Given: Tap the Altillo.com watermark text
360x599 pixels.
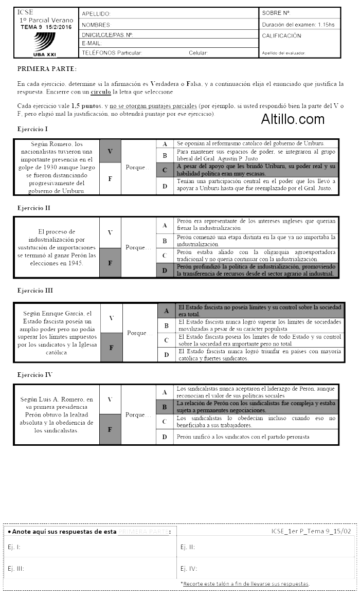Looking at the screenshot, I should click(293, 119).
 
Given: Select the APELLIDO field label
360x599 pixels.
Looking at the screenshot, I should click(96, 13).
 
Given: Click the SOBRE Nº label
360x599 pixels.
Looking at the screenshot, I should click(276, 13).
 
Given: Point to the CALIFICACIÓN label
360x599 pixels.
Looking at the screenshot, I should click(281, 36).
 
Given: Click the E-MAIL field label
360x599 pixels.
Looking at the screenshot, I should click(92, 44).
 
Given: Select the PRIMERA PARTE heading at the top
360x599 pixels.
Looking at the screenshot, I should click(47, 68).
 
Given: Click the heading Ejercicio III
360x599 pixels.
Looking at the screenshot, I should click(35, 291).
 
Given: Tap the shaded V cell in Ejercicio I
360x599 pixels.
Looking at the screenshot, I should click(110, 151).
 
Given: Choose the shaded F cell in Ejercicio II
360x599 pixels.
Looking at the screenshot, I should click(110, 263).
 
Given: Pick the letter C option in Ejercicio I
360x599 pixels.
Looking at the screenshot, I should click(165, 170).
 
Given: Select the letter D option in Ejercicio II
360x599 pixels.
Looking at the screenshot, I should click(165, 270).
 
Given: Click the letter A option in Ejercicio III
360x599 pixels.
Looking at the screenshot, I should click(166, 311).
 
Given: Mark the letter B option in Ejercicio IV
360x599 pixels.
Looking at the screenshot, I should click(165, 407).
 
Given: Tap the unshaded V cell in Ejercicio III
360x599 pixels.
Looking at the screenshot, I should click(112, 318).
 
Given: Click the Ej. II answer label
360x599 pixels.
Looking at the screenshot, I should click(188, 547).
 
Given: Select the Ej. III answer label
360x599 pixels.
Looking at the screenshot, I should click(16, 569).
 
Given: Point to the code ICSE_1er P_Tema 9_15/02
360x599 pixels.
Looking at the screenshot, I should click(311, 531).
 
